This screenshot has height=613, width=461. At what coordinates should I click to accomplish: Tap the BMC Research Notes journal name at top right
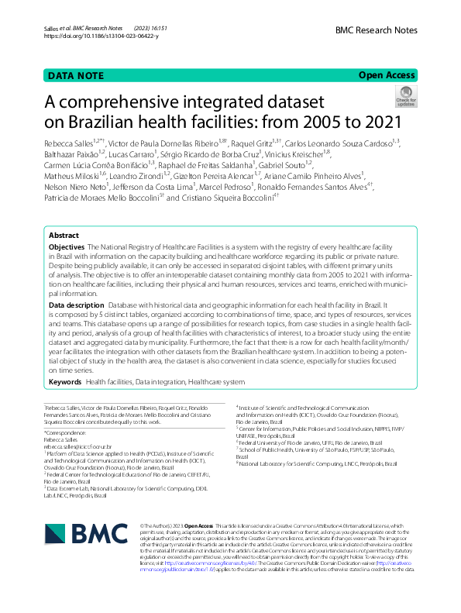[377, 30]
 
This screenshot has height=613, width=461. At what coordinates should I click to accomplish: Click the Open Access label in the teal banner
[387, 75]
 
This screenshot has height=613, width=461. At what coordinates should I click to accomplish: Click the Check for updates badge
[405, 97]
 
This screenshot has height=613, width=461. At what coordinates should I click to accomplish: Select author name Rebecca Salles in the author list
[71, 143]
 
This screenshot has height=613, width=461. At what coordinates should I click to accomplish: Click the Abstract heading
[64, 213]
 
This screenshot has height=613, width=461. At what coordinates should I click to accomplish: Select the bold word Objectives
[67, 224]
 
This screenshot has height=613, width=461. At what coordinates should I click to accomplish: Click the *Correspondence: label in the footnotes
[65, 432]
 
